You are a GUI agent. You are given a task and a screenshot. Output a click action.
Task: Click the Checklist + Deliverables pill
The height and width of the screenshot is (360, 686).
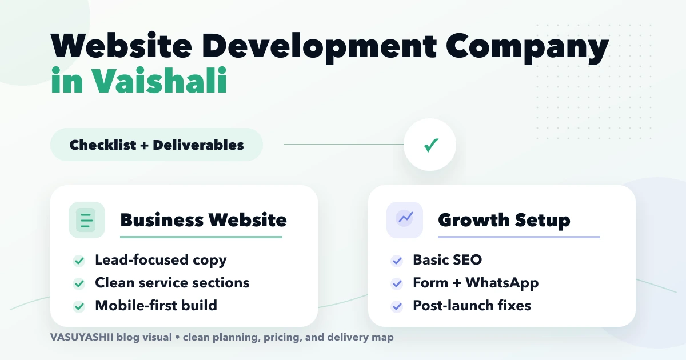[x=157, y=145]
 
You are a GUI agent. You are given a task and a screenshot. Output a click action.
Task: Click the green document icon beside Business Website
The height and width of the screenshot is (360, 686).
[x=87, y=220]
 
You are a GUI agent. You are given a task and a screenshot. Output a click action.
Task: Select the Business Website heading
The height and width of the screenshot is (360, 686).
[x=204, y=220]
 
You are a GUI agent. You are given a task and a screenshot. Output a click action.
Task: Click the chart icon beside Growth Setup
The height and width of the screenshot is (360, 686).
[x=405, y=220]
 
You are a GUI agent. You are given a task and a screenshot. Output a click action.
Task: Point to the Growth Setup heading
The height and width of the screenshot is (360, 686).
[x=504, y=220]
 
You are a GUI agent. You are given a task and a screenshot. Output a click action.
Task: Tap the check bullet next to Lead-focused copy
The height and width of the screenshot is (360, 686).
[x=79, y=261]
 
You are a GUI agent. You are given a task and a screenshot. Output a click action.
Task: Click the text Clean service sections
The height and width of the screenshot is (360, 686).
[x=172, y=283]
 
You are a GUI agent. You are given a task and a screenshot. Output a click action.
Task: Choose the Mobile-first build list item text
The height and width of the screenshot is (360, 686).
[x=156, y=305]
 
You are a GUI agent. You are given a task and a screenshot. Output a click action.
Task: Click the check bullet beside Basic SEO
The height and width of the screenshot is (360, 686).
[x=397, y=261]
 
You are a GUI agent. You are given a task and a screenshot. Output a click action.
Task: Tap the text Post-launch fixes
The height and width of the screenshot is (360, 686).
[x=472, y=306]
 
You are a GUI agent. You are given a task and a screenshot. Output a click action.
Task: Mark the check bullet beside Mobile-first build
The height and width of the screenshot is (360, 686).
[x=79, y=306]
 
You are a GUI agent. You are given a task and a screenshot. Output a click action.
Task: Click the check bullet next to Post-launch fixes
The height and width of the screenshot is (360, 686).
[x=397, y=306]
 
